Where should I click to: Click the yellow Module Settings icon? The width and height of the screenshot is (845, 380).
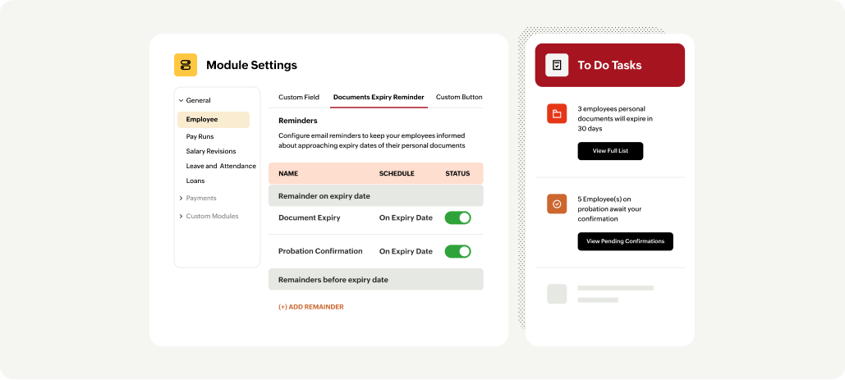[186, 65]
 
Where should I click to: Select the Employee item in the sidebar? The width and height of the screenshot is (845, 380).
[202, 120]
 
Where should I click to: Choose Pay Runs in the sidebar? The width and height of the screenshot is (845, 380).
[200, 136]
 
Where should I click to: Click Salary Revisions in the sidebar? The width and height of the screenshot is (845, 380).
[210, 151]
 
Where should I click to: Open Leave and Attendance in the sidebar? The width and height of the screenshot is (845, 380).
[220, 166]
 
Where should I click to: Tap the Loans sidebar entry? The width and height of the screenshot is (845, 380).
[195, 181]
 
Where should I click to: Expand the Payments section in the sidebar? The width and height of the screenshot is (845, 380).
[200, 198]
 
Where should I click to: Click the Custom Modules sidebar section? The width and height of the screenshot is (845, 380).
[211, 216]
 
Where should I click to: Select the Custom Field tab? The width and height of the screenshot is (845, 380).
[299, 97]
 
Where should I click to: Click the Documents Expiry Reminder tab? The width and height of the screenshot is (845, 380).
[379, 97]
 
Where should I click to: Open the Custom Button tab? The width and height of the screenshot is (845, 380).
[459, 97]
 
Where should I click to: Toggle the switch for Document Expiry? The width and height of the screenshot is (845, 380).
[457, 217]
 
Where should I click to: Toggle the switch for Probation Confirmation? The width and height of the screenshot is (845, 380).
[457, 251]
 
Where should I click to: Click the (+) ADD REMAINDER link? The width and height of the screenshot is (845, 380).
[310, 307]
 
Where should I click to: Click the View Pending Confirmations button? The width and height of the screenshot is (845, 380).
[625, 241]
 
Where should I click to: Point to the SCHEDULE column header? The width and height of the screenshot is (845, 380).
[397, 173]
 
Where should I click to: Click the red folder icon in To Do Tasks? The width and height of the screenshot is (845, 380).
[557, 114]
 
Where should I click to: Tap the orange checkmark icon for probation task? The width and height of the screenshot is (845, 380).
[557, 204]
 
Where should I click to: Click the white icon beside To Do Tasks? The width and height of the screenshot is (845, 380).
[557, 65]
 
